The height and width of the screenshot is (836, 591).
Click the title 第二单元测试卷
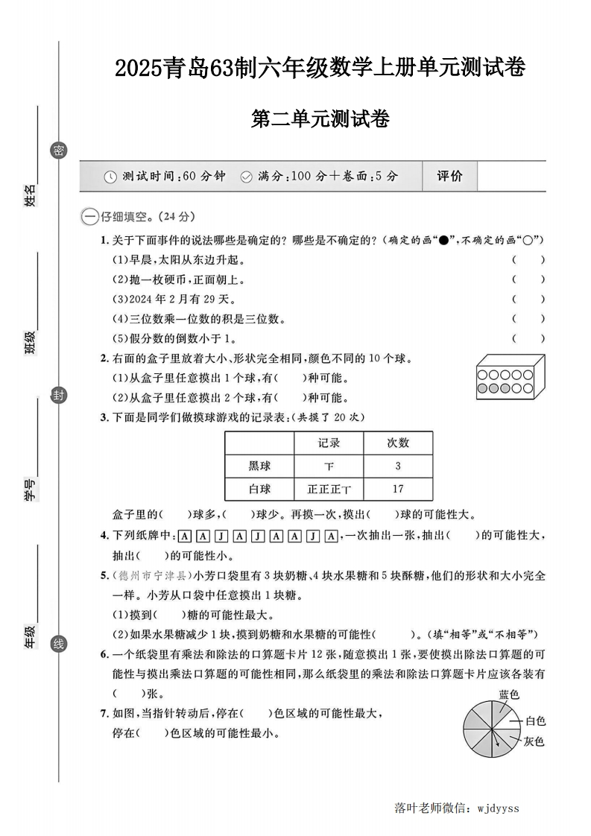pos(320,118)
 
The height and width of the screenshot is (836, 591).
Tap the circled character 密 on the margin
pos(58,151)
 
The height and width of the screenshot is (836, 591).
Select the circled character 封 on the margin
pos(58,395)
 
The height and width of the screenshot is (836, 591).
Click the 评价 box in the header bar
pos(449,176)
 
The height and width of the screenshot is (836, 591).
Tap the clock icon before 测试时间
pos(110,177)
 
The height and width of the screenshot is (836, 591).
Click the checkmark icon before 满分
pos(246,177)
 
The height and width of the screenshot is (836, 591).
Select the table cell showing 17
pos(398,489)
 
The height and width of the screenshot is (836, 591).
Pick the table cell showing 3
pos(398,466)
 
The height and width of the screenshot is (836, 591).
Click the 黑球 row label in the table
pos(259,466)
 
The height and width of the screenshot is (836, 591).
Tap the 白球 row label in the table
pos(259,489)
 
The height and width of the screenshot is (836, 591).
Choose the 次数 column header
pos(398,443)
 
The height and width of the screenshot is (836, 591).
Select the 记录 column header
pos(329,443)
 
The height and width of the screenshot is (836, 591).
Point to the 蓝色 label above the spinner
pos(509,694)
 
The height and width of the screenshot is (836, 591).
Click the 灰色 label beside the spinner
pos(533,741)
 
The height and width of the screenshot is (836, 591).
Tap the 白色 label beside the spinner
pos(535,721)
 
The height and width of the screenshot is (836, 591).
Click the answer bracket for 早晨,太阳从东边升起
pos(528,260)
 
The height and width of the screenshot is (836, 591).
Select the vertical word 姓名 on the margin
pos(31,196)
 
